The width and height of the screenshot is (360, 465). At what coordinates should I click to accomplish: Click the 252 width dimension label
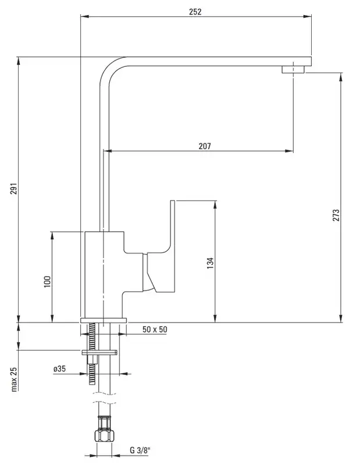pos(195,12)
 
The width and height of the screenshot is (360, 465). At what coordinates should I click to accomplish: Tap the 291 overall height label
pos(14,188)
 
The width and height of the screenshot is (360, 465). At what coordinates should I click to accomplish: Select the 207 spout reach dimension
pos(205,146)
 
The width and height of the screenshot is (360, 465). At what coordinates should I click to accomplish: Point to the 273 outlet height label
pos(336,215)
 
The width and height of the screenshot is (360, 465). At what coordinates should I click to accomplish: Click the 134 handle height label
pos(210,263)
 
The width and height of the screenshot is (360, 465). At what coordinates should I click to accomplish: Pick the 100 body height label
pos(47,281)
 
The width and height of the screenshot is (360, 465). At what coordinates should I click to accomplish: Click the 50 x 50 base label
pos(155,330)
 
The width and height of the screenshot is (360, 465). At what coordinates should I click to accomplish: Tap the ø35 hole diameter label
pos(59,369)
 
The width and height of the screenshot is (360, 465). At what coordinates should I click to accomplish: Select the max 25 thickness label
pos(14,380)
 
